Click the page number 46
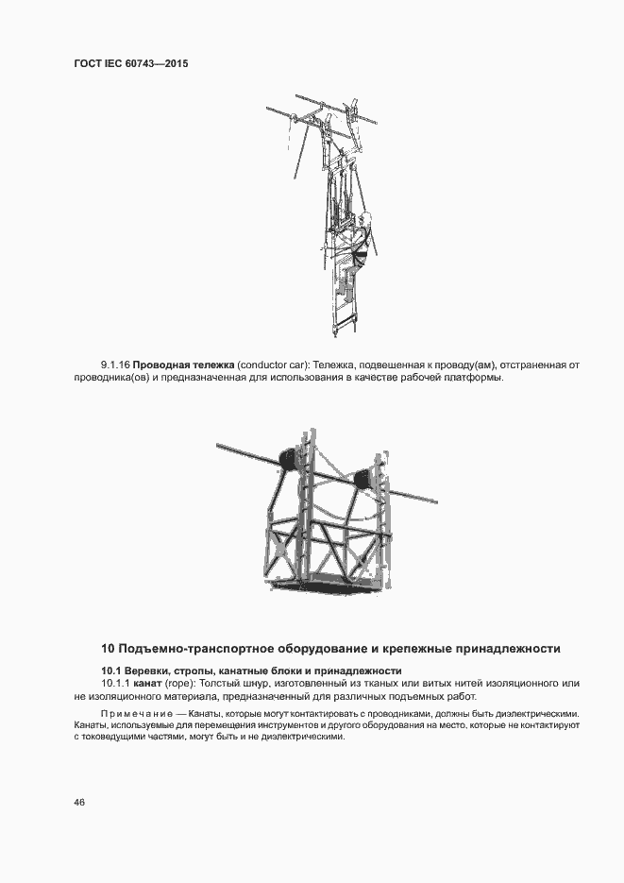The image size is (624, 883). [78, 802]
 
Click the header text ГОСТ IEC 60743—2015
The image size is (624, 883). [129, 64]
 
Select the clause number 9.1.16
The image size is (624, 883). [115, 365]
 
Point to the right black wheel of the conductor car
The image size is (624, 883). [362, 479]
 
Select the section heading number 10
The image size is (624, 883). [107, 649]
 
